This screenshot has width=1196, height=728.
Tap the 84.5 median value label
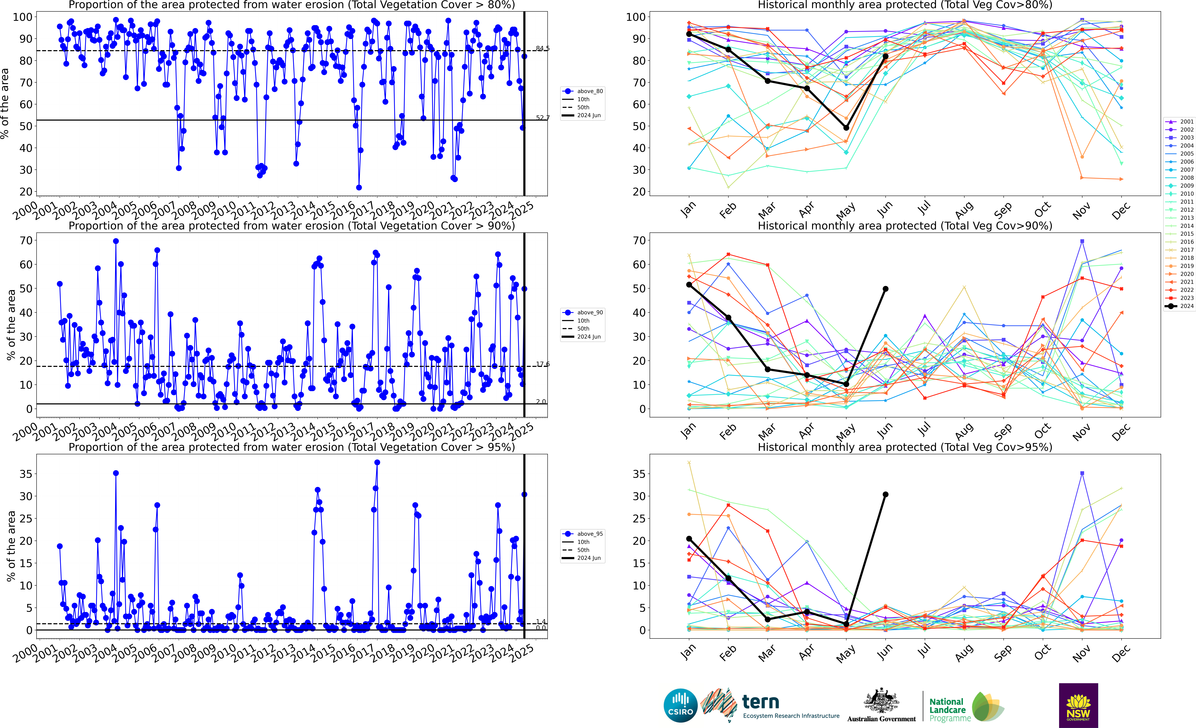[543, 48]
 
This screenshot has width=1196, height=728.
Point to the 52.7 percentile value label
[543, 118]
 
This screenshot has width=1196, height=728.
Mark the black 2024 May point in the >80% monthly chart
[846, 128]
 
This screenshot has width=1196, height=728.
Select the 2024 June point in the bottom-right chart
[885, 495]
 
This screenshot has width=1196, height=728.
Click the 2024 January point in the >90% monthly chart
[689, 285]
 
